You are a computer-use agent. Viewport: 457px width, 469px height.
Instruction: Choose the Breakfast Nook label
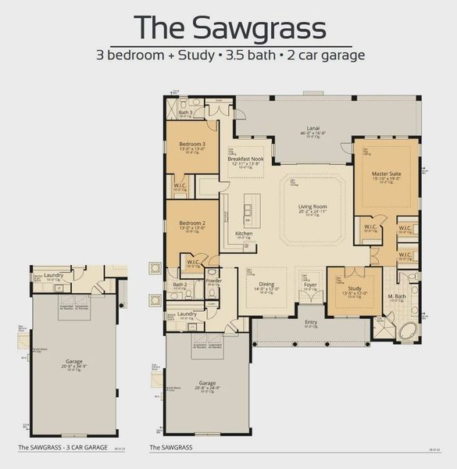click(245, 159)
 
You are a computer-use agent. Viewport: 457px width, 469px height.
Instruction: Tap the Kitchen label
click(245, 233)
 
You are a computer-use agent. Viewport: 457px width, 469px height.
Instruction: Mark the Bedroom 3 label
click(192, 145)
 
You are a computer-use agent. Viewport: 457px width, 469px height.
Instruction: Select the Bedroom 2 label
click(191, 224)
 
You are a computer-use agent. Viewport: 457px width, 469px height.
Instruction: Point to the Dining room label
click(266, 285)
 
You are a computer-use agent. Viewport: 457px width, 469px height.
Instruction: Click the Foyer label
click(311, 285)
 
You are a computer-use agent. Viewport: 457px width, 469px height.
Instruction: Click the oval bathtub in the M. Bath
click(409, 331)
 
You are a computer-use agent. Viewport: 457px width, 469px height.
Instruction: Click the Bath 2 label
click(180, 285)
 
